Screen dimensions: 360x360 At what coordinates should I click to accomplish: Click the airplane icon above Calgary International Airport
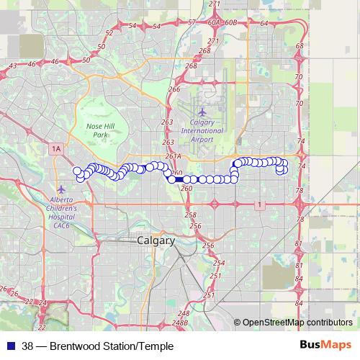tap(202, 112)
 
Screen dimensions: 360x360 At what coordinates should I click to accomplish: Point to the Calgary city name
tap(156, 241)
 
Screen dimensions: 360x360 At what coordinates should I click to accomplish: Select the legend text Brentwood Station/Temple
tap(108, 346)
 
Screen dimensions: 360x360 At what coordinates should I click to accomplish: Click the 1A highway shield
tap(56, 148)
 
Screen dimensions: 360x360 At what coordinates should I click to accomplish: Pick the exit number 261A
tap(172, 156)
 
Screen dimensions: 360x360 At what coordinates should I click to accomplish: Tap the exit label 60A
tap(213, 23)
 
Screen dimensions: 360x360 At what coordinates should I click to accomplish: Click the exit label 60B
tap(230, 23)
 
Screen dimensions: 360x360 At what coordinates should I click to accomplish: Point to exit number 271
tap(214, 4)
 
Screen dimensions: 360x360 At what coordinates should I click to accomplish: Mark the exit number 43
tap(13, 66)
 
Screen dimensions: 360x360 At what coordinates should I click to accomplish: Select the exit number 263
tap(168, 122)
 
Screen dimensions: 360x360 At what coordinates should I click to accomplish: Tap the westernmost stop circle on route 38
tap(76, 171)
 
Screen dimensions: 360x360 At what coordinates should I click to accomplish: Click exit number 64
tap(264, 23)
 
